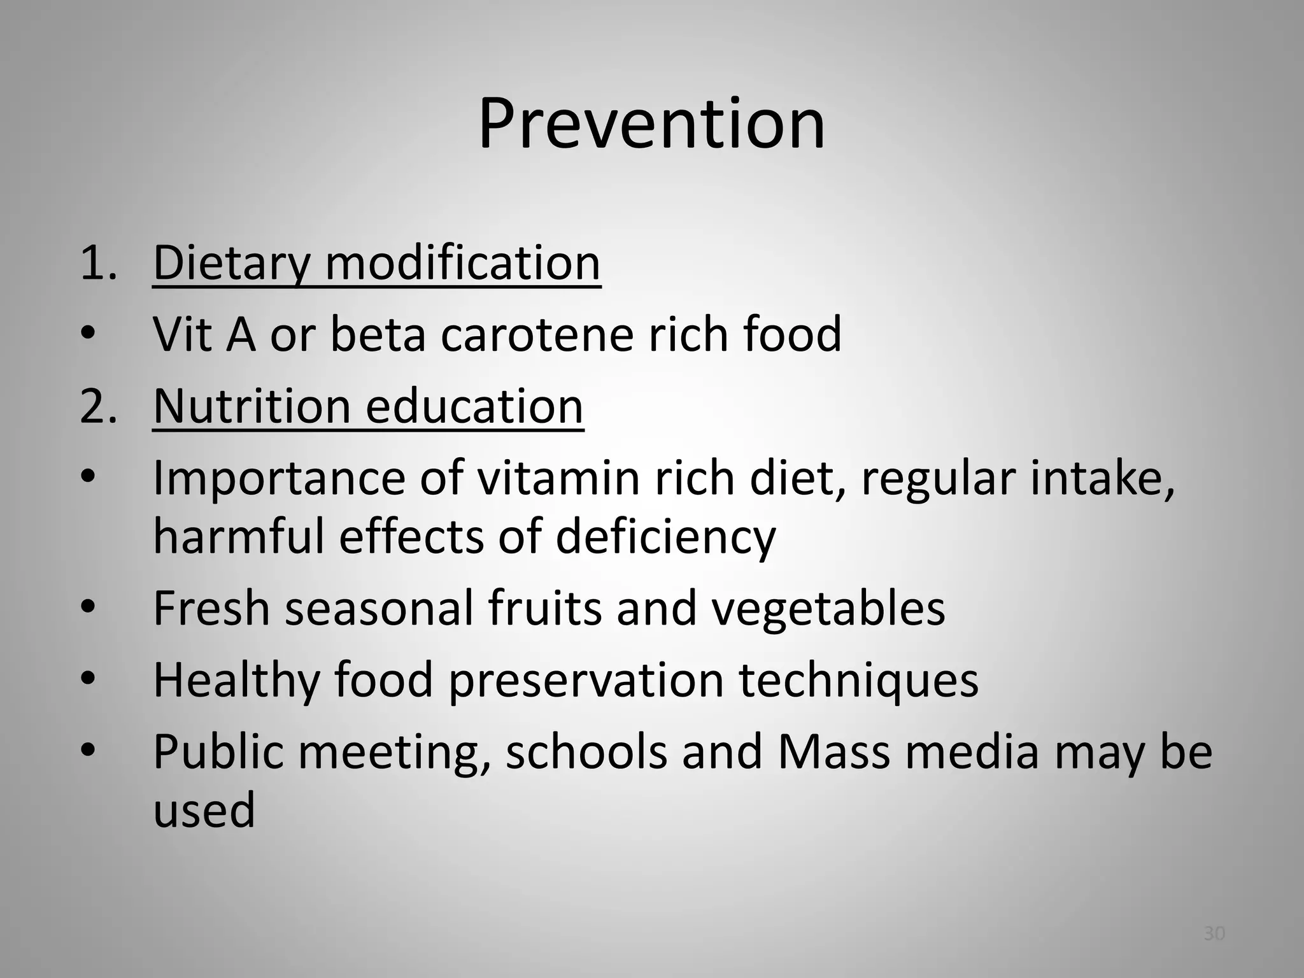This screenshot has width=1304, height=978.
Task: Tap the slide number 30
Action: tap(1214, 933)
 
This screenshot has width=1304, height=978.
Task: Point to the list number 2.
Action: tap(98, 407)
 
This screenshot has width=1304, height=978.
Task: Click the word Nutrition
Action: tap(252, 407)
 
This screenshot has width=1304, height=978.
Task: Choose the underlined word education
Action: tap(474, 407)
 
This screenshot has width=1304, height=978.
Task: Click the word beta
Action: tap(378, 334)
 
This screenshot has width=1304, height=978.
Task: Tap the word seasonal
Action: tap(379, 609)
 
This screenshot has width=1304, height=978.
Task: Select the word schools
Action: tap(586, 752)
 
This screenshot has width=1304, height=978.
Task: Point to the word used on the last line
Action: tap(204, 811)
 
